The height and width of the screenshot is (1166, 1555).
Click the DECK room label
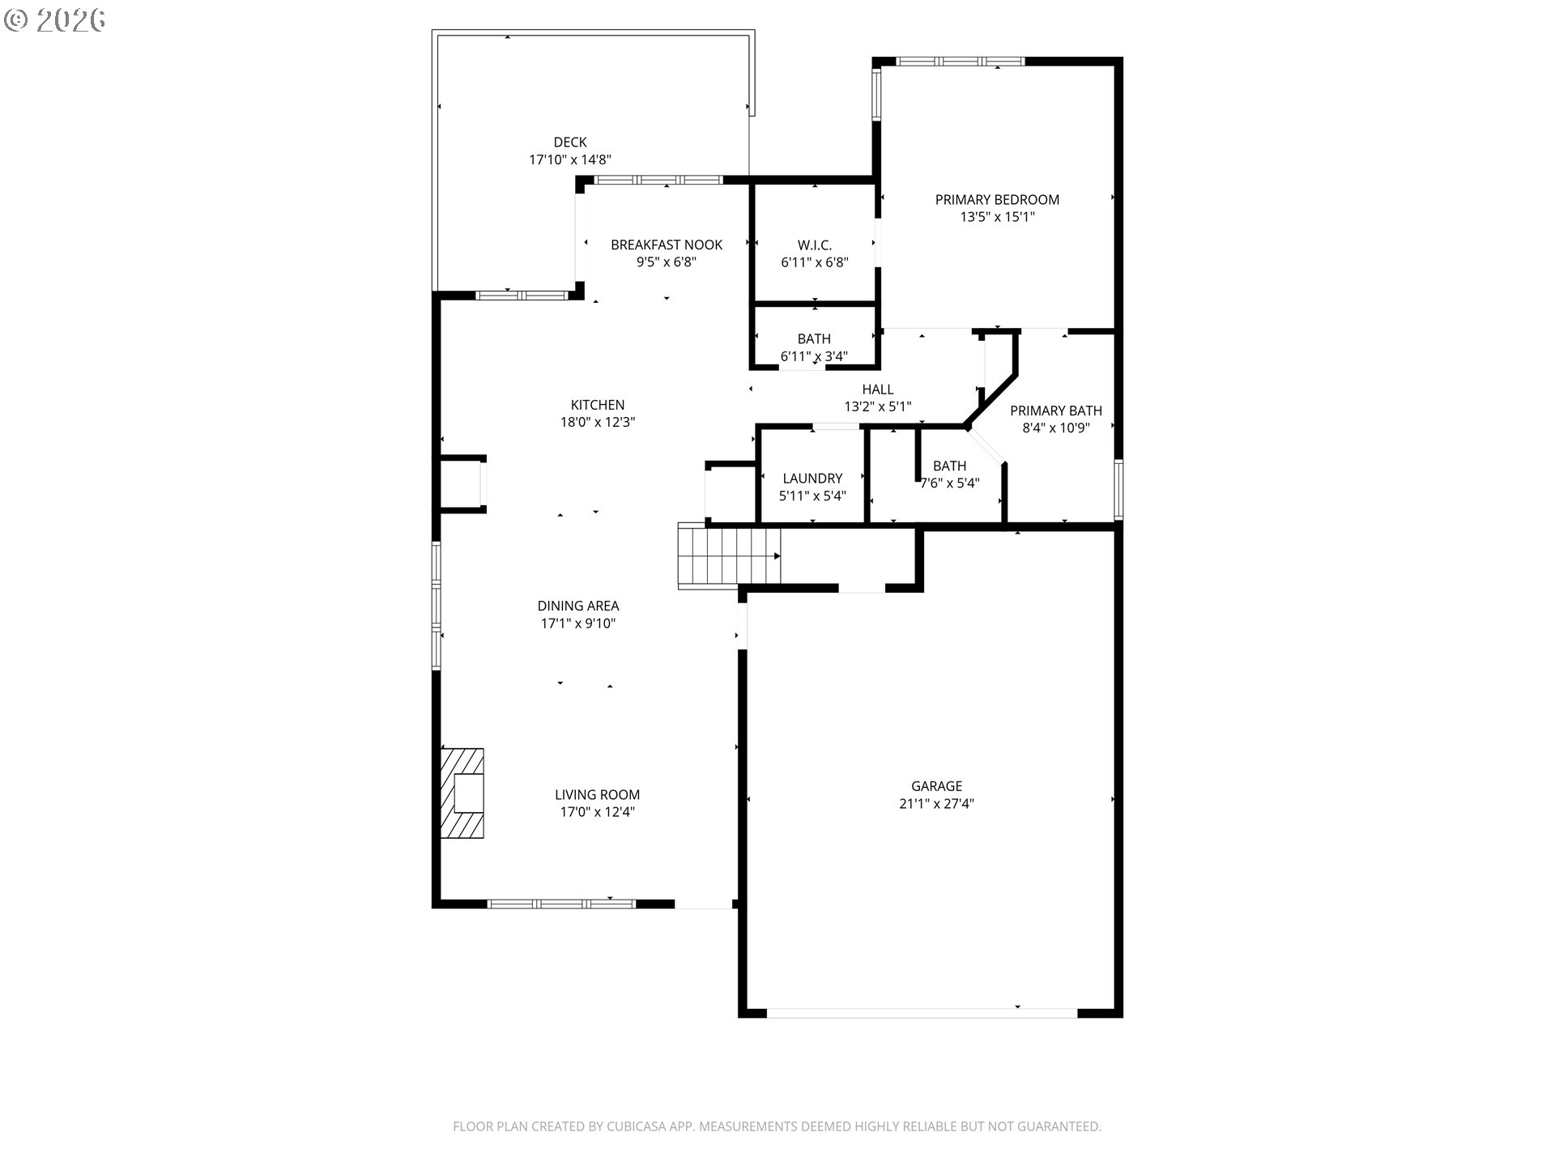(569, 143)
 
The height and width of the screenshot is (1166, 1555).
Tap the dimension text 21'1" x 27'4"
(936, 804)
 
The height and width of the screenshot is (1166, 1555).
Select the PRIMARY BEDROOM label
(997, 200)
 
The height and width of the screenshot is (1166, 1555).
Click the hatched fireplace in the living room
(462, 793)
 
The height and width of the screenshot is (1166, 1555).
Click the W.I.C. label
(814, 245)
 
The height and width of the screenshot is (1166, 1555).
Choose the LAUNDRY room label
(812, 479)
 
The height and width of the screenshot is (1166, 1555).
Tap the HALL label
(878, 389)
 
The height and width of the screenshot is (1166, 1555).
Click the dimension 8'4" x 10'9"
(1056, 428)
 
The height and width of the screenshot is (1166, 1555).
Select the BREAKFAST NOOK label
(667, 245)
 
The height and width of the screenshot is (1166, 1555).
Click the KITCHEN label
(598, 405)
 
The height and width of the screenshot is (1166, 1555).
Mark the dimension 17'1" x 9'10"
(578, 623)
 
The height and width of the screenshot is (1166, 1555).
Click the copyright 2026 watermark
(55, 20)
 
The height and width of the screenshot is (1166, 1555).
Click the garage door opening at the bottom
(922, 1013)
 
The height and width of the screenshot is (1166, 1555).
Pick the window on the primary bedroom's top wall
(960, 62)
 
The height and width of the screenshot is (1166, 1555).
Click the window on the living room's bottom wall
(562, 904)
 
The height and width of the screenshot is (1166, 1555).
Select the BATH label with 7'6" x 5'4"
(949, 466)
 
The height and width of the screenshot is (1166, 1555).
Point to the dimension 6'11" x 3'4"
(814, 356)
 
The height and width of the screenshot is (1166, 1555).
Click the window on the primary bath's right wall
(1118, 488)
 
